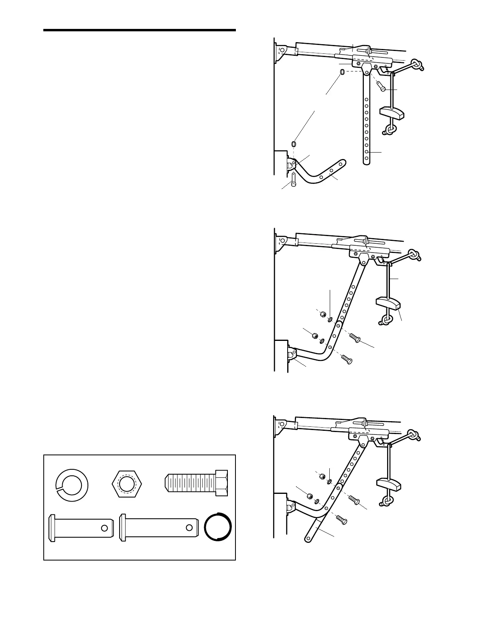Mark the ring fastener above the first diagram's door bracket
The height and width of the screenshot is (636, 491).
click(x=294, y=143)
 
